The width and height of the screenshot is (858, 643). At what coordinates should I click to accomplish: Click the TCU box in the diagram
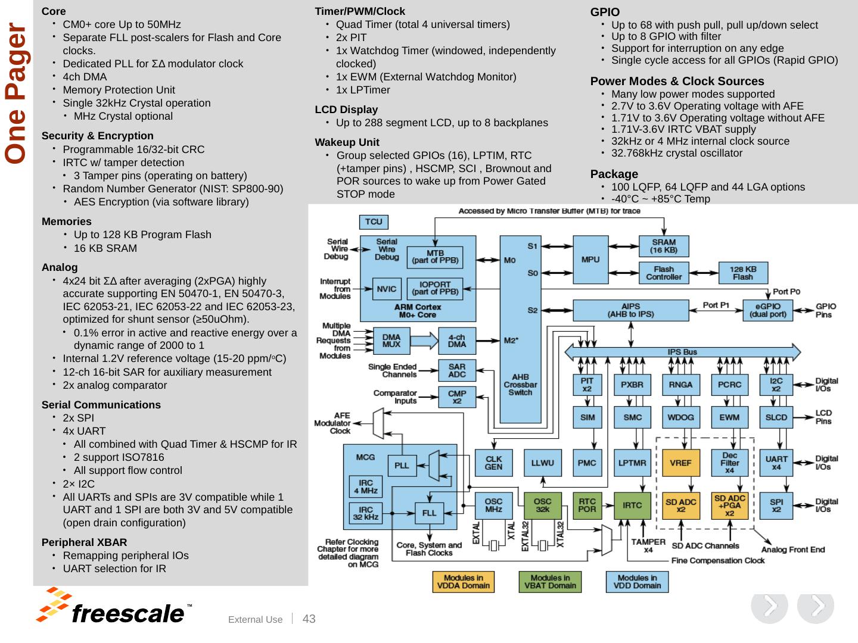click(374, 221)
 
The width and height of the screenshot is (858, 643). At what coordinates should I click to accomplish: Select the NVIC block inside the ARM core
click(387, 289)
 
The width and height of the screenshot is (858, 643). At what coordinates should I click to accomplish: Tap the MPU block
click(590, 260)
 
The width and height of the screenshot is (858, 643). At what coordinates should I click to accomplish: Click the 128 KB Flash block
click(742, 273)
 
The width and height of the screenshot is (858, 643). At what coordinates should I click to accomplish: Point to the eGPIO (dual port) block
click(767, 310)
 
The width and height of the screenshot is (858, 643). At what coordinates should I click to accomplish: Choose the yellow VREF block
click(680, 463)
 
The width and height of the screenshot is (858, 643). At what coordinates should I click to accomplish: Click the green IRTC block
click(632, 505)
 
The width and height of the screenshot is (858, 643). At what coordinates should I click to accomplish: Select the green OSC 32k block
click(542, 505)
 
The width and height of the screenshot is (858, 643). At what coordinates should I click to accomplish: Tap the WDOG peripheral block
click(680, 417)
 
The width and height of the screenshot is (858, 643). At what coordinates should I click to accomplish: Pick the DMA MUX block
click(391, 341)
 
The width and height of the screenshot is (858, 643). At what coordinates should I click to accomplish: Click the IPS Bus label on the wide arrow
click(682, 352)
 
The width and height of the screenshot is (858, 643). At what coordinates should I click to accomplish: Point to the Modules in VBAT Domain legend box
click(550, 582)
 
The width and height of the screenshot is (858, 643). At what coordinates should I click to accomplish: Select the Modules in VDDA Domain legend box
click(463, 582)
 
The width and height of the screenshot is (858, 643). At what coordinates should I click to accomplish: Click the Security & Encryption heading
click(97, 136)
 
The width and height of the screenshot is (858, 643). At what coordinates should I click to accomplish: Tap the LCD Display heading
click(346, 110)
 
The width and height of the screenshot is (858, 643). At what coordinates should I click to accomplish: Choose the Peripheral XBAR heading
click(85, 542)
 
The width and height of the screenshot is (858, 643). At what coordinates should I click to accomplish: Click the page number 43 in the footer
click(309, 619)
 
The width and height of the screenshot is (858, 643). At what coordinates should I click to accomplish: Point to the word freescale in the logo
click(128, 614)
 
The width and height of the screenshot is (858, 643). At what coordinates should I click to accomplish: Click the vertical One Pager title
click(15, 93)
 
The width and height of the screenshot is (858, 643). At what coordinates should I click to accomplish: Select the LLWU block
click(543, 463)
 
